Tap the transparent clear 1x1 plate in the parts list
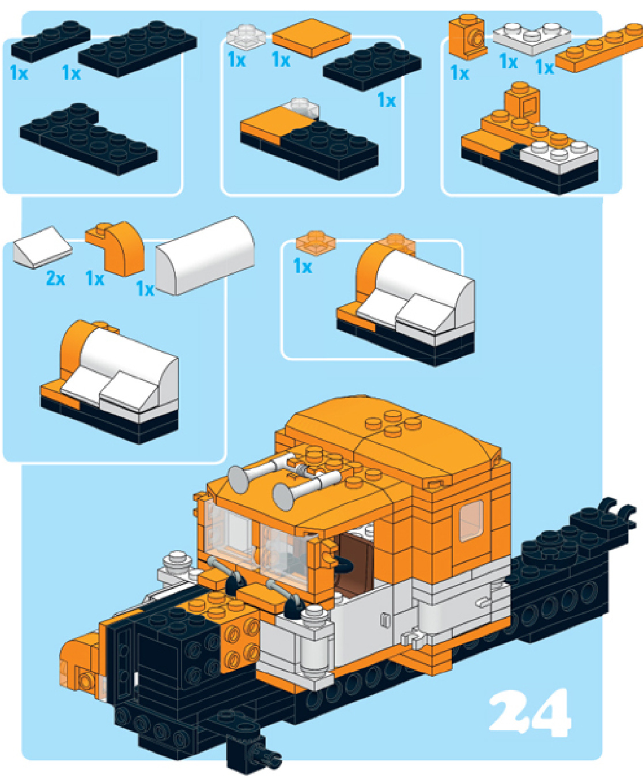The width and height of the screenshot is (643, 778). (x=246, y=36)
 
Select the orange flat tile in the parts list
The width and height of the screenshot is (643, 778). (x=312, y=37)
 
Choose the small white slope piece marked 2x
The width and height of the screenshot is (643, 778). (x=43, y=247)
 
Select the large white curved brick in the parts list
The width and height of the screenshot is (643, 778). (x=205, y=255)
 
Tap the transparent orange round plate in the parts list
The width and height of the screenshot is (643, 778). (x=316, y=241)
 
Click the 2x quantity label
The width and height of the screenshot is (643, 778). (x=56, y=278)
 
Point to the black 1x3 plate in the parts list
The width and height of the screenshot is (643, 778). (x=51, y=41)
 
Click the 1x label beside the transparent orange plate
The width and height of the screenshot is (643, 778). (x=302, y=266)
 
